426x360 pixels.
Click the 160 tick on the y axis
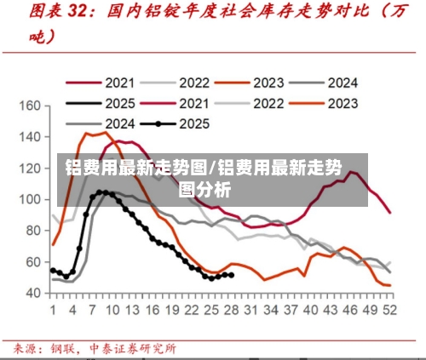(30, 106)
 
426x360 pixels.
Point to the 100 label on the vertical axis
(30, 199)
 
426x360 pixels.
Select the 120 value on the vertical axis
(30, 169)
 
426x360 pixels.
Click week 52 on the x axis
(389, 310)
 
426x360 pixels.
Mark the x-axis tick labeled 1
(53, 310)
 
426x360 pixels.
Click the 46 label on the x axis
(349, 310)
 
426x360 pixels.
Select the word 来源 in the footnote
(25, 347)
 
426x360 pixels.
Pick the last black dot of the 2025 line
(232, 274)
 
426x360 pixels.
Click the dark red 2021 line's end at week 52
(390, 212)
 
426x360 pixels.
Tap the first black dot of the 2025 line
(53, 270)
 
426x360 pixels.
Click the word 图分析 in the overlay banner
(204, 189)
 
